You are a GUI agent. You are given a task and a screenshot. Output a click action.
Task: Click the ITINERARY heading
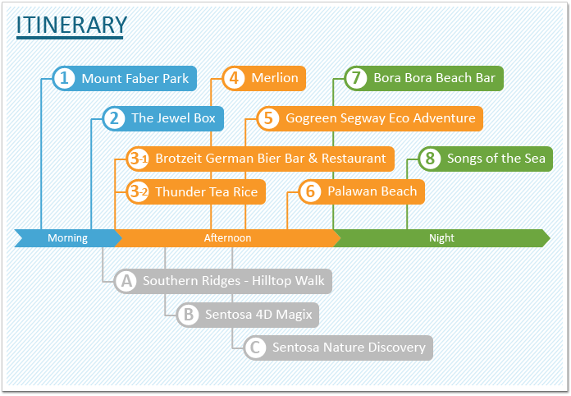(71, 25)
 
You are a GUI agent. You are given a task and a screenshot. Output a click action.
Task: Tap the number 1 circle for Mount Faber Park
(64, 78)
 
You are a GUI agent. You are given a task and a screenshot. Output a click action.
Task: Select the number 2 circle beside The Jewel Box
(114, 118)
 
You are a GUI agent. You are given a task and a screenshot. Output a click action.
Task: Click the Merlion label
(275, 78)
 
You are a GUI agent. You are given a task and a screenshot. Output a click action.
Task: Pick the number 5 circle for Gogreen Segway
(268, 118)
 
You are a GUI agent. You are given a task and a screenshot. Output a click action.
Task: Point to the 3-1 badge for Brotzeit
(138, 159)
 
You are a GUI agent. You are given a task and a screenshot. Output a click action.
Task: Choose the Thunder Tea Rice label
(207, 191)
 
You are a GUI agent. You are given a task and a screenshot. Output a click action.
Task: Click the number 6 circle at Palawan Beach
(310, 191)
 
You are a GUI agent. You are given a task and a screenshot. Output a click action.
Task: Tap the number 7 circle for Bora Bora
(356, 78)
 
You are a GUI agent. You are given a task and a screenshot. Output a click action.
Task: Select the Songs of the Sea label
(496, 159)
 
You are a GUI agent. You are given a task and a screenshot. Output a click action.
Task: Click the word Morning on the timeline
(68, 238)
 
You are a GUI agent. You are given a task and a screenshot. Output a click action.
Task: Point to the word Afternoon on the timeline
(227, 238)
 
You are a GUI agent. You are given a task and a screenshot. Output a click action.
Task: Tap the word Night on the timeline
(441, 238)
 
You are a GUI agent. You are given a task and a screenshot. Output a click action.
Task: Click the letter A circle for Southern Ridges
(126, 281)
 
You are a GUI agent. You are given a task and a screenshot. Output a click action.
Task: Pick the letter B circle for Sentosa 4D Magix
(188, 315)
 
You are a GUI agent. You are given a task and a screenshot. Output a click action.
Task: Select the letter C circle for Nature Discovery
(255, 348)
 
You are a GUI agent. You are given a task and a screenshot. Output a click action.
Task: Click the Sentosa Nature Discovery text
(349, 348)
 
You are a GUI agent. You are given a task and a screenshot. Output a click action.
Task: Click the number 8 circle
(430, 159)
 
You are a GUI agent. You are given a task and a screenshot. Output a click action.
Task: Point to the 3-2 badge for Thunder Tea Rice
(138, 191)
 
